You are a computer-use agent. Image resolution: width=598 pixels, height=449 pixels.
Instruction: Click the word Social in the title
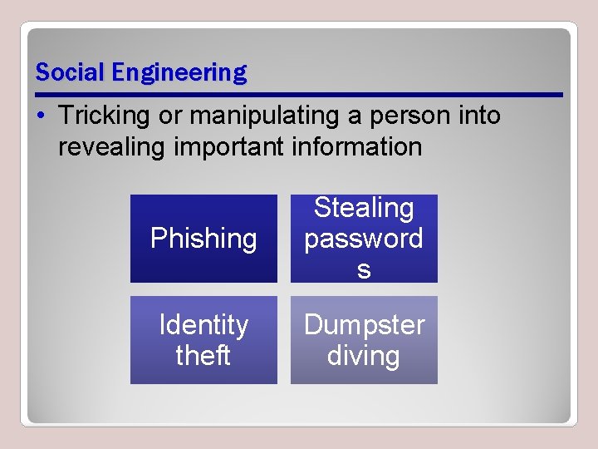tap(71, 72)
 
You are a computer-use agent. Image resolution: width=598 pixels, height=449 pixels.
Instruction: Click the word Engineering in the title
tap(179, 73)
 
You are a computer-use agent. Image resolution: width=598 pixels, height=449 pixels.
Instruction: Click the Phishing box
tap(203, 239)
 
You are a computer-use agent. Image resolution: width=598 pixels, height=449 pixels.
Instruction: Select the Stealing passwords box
tap(364, 239)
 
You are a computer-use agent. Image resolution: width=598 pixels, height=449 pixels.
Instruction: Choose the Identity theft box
tap(203, 340)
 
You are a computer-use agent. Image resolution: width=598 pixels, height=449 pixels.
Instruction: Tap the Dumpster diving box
tap(364, 340)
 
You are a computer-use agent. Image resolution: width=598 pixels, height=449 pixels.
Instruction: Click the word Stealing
tap(364, 208)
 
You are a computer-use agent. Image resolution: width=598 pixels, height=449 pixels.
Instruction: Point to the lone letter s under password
tap(364, 269)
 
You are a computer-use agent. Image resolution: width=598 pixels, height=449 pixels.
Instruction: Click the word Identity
tap(203, 324)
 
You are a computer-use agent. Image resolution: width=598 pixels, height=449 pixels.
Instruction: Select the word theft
tap(203, 355)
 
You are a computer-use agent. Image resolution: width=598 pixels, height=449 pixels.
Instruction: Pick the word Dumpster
tap(364, 324)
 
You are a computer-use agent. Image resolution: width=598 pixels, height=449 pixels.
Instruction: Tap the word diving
tap(364, 355)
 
